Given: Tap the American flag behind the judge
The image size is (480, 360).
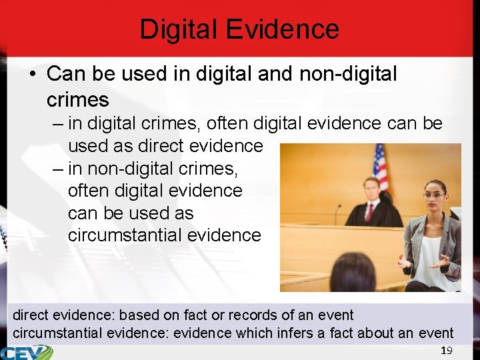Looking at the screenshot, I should pyautogui.click(x=381, y=167).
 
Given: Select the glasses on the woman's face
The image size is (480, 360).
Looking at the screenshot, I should pyautogui.click(x=433, y=195).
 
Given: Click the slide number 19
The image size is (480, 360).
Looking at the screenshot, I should pyautogui.click(x=447, y=351).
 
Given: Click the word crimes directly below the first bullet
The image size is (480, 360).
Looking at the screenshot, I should pyautogui.click(x=77, y=100).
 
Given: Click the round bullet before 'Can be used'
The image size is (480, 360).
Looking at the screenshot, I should pyautogui.click(x=32, y=75).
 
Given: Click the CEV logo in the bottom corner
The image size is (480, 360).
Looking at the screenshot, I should pyautogui.click(x=27, y=351).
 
